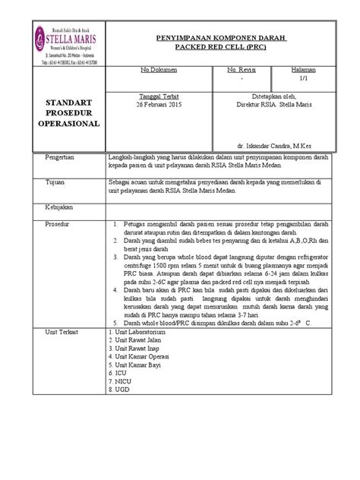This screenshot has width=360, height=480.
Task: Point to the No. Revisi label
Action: point(244,70)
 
